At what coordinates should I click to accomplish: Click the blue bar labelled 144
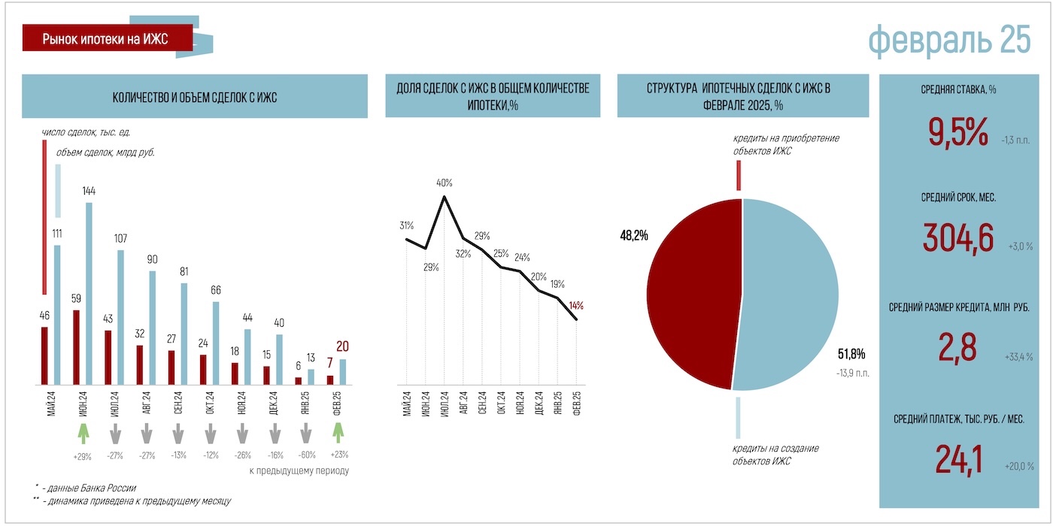pyautogui.click(x=90, y=293)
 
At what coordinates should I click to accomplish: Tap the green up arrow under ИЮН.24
pyautogui.click(x=83, y=434)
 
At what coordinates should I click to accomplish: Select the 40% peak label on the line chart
pyautogui.click(x=444, y=183)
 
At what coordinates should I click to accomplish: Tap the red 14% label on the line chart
pyautogui.click(x=576, y=306)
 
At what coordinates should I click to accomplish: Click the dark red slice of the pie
pyautogui.click(x=692, y=293)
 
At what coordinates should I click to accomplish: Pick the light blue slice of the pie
pyautogui.click(x=790, y=293)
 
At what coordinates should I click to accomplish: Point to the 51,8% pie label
pyautogui.click(x=851, y=353)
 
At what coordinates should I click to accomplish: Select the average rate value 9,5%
pyautogui.click(x=957, y=134)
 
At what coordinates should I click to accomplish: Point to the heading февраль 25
pyautogui.click(x=949, y=39)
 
